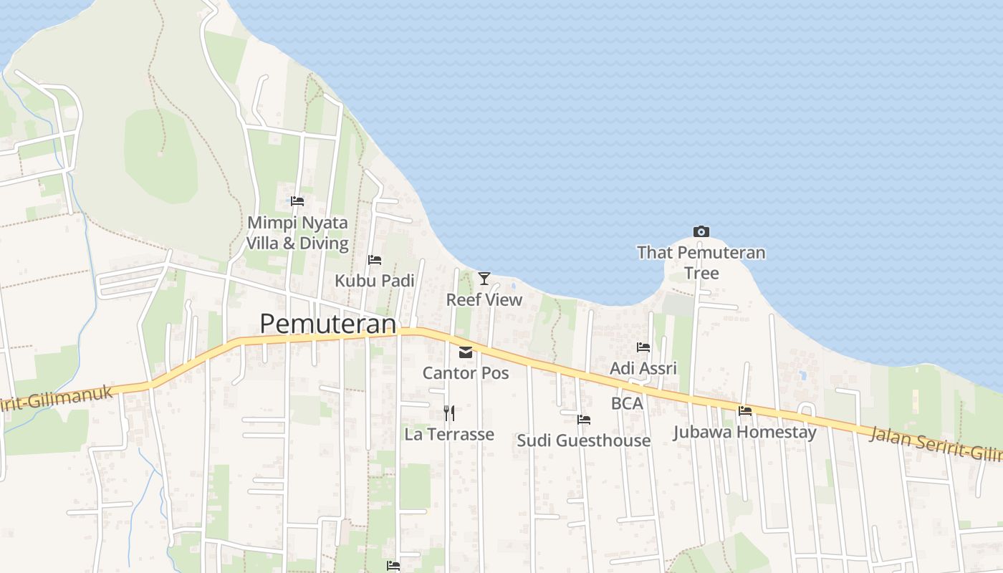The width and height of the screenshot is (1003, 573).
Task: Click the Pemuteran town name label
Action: point(327,324)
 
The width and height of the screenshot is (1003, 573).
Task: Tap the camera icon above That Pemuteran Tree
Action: point(701,231)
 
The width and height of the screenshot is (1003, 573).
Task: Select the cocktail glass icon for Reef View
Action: point(484,278)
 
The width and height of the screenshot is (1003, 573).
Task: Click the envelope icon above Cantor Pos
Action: point(466,352)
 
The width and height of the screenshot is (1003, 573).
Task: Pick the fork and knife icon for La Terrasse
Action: point(448,413)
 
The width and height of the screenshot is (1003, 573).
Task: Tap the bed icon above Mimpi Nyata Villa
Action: point(297,201)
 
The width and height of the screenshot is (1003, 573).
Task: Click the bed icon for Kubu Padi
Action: point(375,259)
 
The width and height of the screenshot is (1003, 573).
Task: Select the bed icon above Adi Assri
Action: point(643,347)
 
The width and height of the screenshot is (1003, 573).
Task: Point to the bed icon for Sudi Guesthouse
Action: point(584,419)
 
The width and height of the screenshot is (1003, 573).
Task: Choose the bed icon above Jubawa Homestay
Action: point(745,411)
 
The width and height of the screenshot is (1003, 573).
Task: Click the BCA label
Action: point(627,403)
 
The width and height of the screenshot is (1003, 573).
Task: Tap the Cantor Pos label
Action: point(466,373)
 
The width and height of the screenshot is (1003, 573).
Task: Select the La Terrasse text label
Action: point(449,434)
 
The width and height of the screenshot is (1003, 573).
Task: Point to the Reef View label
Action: point(484,299)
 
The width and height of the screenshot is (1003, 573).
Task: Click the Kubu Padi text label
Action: point(375,281)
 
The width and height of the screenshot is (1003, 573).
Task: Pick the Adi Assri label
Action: point(643,369)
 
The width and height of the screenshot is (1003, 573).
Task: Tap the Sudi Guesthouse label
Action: point(584,440)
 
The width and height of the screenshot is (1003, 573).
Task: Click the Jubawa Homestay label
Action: point(745,433)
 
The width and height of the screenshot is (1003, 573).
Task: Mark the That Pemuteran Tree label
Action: point(701,263)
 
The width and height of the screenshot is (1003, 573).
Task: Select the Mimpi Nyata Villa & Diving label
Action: point(297,233)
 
